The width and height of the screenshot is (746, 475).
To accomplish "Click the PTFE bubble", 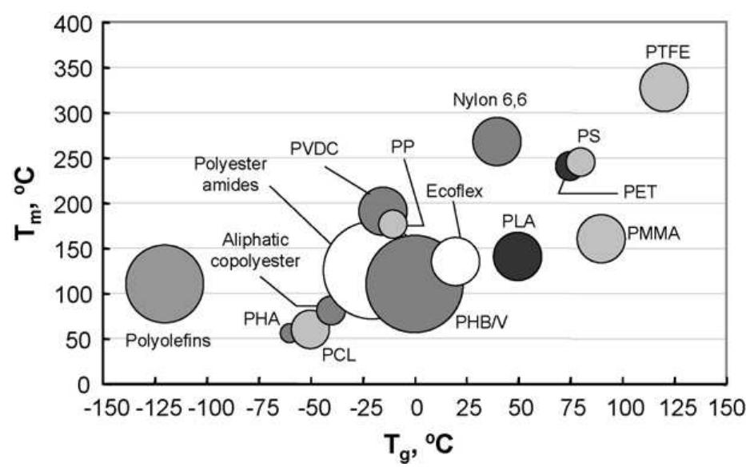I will (x=664, y=87).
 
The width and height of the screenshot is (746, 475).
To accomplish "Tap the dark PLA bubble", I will (x=517, y=257).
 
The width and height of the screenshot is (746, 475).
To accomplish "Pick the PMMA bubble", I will (x=600, y=238).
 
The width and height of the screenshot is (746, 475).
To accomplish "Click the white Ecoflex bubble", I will (x=456, y=261).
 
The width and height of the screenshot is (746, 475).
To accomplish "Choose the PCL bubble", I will (x=310, y=328).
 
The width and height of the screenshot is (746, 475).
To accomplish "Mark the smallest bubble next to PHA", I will (x=289, y=332).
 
